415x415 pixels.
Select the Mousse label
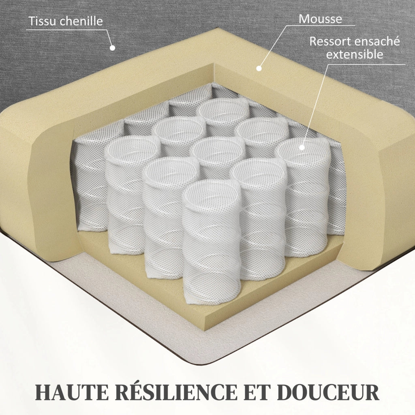(x=320, y=19)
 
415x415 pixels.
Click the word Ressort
(x=330, y=41)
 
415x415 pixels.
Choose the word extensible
(x=354, y=54)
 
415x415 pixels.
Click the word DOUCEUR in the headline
(x=328, y=392)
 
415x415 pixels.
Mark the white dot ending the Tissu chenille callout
(x=113, y=48)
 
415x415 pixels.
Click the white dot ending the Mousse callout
(x=259, y=68)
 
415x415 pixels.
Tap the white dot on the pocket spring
(x=302, y=147)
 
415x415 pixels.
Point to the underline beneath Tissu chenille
(x=66, y=30)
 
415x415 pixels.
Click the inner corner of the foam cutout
(x=214, y=64)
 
